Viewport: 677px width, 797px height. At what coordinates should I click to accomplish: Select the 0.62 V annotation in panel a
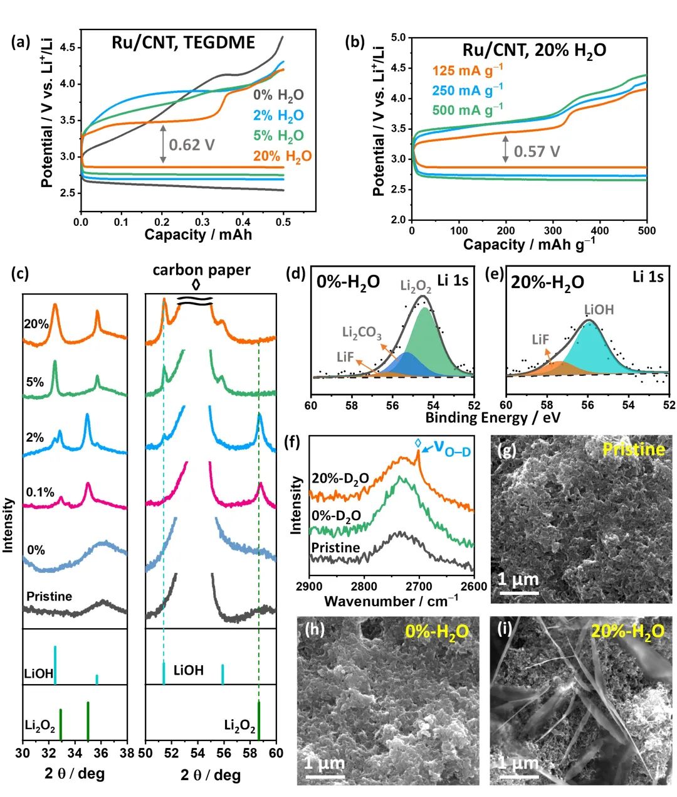[x=192, y=146]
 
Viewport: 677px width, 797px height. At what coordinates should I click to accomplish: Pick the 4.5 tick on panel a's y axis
[x=67, y=48]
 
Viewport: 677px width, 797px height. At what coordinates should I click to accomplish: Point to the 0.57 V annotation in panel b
[x=537, y=151]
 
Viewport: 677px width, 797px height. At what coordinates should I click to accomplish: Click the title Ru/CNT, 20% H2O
[x=534, y=50]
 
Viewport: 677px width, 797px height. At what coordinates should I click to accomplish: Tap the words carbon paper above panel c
[x=201, y=270]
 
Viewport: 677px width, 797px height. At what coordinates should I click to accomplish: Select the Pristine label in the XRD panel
[x=49, y=596]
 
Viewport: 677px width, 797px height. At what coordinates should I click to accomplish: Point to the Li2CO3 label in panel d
[x=362, y=333]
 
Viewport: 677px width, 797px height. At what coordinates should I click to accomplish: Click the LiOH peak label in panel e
[x=599, y=309]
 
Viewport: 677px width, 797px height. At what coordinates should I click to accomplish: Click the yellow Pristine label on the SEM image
[x=633, y=449]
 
